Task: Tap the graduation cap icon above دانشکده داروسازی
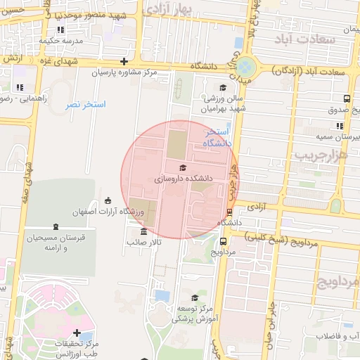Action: (184, 168)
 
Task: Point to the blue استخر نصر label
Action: (85, 105)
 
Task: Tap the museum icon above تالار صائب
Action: (144, 231)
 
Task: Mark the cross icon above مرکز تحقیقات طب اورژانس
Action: (77, 333)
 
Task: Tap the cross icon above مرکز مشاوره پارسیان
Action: (124, 61)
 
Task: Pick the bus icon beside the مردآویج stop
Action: (223, 240)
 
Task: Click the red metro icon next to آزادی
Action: (230, 212)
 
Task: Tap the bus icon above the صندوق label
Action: (347, 99)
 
